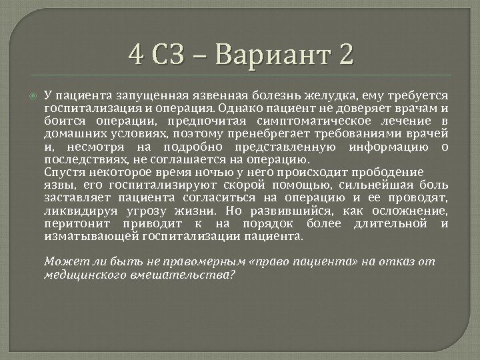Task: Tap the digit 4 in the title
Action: tap(137, 54)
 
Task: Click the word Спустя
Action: tap(62, 171)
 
